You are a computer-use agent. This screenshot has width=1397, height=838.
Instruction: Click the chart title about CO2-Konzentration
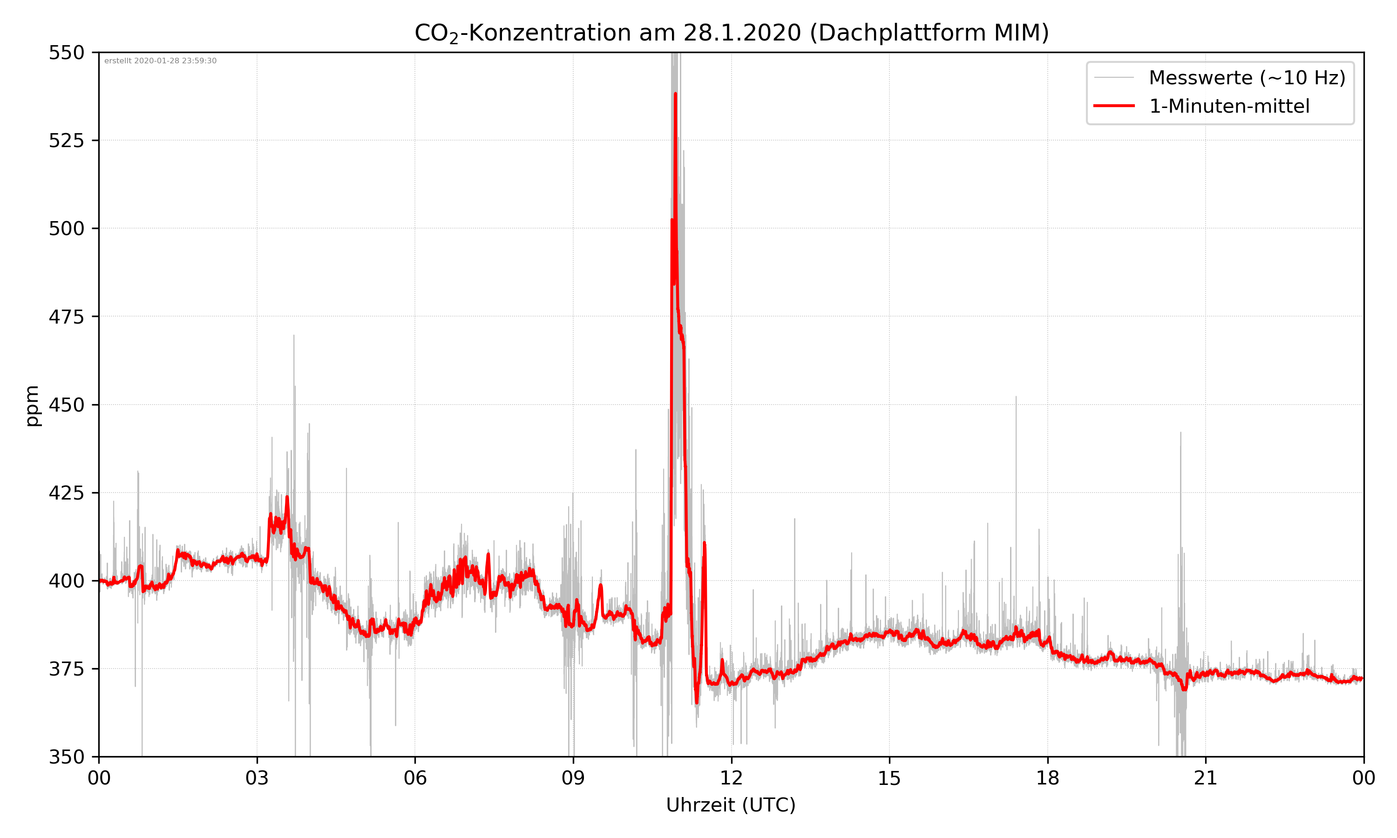pos(731,33)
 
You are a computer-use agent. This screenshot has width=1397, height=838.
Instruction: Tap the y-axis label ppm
pos(32,405)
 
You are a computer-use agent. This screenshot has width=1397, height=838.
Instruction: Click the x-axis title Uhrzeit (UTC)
pos(731,804)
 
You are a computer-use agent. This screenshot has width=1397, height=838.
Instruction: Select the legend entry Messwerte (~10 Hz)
pos(1247,78)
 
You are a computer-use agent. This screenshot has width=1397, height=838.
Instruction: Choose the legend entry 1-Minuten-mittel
pos(1229,106)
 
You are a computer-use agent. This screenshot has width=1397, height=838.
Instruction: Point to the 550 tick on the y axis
pos(66,53)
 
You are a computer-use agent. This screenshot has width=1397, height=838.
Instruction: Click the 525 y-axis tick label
pos(66,141)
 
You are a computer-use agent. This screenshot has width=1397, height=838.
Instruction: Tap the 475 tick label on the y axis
pos(66,317)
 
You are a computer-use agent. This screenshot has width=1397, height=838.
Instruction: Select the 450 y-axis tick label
pos(66,405)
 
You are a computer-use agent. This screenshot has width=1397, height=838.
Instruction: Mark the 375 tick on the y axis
pos(66,669)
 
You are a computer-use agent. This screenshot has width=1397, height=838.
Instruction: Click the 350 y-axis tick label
pos(66,757)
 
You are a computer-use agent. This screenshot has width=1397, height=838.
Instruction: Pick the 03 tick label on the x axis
pos(257,778)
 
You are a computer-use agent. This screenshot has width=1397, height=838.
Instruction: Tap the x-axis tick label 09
pos(573,778)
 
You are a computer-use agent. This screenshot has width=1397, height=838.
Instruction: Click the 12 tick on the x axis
pos(731,778)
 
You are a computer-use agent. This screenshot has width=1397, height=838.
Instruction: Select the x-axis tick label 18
pos(1047,778)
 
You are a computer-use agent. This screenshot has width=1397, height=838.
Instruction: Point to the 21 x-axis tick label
pos(1206,778)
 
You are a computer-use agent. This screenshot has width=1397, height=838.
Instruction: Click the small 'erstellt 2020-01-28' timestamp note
pos(160,61)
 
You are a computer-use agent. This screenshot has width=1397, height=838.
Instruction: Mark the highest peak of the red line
pos(675,94)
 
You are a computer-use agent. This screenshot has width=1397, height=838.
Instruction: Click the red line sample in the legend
pos(1113,106)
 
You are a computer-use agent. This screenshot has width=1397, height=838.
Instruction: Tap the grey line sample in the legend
pos(1113,77)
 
